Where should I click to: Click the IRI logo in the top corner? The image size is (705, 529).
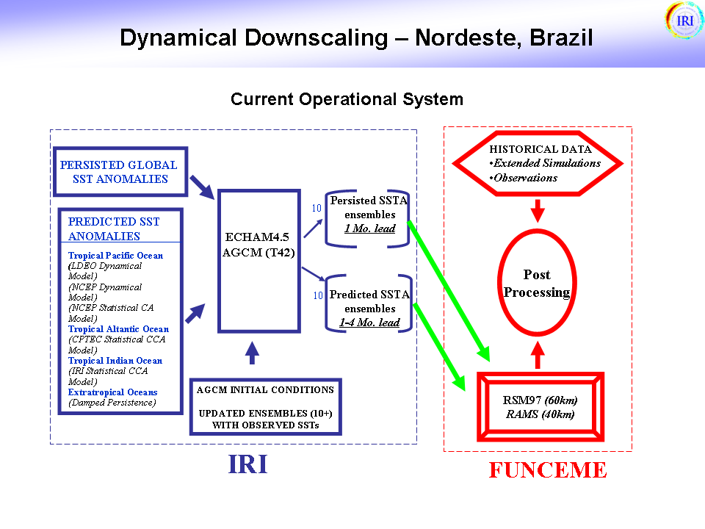[684, 20]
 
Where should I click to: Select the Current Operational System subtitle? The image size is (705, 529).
[347, 99]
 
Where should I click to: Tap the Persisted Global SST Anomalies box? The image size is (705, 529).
[119, 172]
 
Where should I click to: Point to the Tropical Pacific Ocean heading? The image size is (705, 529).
[116, 256]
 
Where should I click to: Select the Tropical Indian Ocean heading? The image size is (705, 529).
[115, 361]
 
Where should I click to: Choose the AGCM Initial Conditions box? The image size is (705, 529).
[265, 407]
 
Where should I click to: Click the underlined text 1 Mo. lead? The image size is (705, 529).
[370, 228]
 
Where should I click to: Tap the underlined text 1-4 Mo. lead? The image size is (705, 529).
[369, 323]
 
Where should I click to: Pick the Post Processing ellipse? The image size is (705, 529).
[537, 284]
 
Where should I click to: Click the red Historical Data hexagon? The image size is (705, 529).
[538, 163]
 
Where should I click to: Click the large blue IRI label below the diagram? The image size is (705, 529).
[248, 465]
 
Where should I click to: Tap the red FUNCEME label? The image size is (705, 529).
[548, 470]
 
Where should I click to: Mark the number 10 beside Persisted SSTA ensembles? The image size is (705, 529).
[317, 208]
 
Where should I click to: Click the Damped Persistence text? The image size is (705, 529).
[112, 403]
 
